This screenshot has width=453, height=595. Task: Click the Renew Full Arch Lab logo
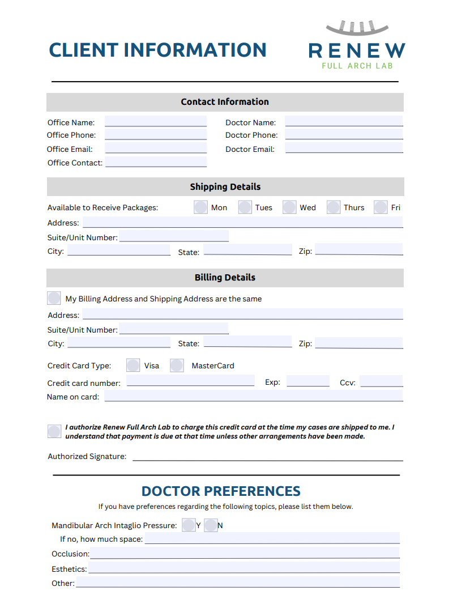[x=357, y=46]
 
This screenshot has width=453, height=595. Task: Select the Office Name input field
[x=156, y=122]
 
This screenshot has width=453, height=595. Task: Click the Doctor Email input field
[x=344, y=148]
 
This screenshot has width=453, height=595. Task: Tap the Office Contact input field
[x=156, y=162]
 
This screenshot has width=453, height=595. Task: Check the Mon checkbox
[x=201, y=207]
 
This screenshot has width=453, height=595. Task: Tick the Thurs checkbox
[x=334, y=207]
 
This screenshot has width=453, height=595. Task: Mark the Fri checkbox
[x=381, y=207]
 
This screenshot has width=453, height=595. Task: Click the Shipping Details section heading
[x=225, y=186]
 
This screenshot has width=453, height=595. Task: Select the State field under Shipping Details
[x=247, y=250]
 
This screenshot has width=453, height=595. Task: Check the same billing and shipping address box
[x=54, y=298]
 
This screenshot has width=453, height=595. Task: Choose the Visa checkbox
[x=133, y=365]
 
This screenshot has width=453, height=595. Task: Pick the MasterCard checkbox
[x=177, y=365]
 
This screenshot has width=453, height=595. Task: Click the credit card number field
[x=190, y=381]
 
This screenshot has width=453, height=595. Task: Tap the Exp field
[x=307, y=381]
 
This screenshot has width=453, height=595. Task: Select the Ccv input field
[x=381, y=381]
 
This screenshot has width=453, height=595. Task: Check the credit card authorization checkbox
[x=54, y=431]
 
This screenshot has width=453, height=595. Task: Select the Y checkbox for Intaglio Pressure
[x=189, y=525]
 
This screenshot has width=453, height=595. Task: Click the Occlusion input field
[x=244, y=553]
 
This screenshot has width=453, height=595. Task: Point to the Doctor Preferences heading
[x=221, y=491]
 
